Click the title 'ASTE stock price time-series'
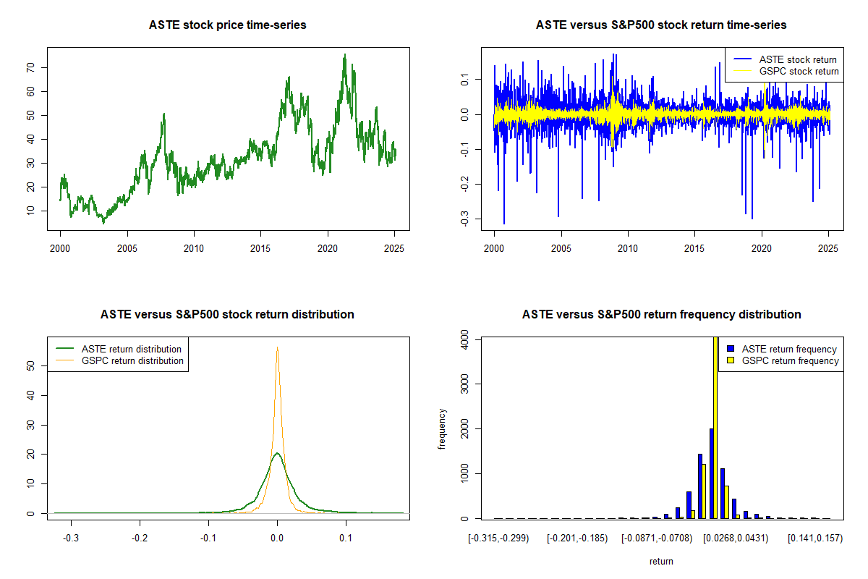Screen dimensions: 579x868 pos(228,25)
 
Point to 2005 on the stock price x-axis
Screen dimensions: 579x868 pos(127,247)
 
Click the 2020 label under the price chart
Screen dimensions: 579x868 pos(328,247)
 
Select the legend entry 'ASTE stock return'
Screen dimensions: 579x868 pos(798,59)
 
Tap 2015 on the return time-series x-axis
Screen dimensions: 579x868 pos(694,247)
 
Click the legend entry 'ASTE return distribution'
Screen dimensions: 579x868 pos(131,349)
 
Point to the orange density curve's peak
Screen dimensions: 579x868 pos(277,348)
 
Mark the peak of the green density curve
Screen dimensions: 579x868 pos(277,454)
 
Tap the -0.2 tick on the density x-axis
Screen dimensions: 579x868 pos(140,538)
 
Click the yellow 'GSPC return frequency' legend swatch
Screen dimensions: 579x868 pos(731,360)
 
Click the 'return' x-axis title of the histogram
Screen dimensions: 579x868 pos(661,561)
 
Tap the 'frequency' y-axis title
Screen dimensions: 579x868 pos(442,428)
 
